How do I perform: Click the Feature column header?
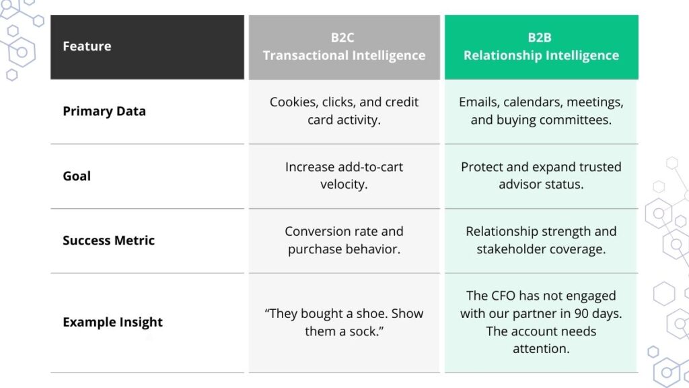(x=87, y=46)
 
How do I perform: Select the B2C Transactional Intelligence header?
(x=344, y=46)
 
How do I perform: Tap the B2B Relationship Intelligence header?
(x=541, y=46)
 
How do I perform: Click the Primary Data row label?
(x=104, y=111)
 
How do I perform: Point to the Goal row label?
(x=77, y=176)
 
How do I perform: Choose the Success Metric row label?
(x=108, y=240)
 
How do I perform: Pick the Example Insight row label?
(x=112, y=322)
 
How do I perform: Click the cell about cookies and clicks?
(x=344, y=110)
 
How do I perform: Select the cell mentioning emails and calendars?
(x=541, y=110)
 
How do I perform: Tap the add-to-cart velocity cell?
(x=344, y=175)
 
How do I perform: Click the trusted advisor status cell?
(x=541, y=175)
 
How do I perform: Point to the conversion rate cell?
(x=344, y=240)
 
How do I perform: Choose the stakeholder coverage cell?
(x=541, y=240)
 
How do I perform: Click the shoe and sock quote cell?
(x=344, y=322)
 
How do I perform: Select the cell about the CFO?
(x=541, y=322)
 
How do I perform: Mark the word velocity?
(x=344, y=184)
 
